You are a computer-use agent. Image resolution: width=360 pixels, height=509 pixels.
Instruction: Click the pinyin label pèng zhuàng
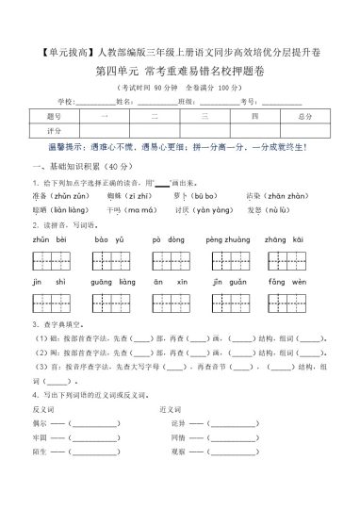point(225,241)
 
